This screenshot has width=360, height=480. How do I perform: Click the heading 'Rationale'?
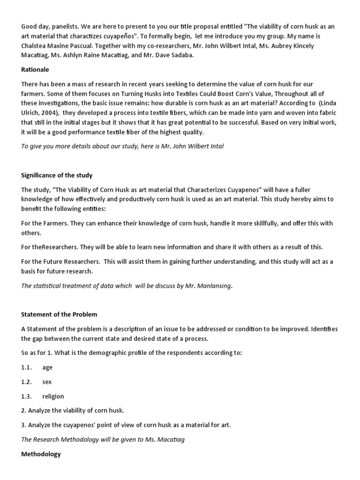tap(35, 69)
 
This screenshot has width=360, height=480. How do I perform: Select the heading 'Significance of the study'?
tap(57, 175)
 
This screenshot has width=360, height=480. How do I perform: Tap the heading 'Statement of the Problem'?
tap(59, 314)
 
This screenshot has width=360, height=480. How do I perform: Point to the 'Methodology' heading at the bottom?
tap(41, 454)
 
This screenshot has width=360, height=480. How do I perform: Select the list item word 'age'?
tap(47, 368)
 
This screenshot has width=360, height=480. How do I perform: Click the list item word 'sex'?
tap(47, 382)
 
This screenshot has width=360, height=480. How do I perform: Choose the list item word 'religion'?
tap(53, 396)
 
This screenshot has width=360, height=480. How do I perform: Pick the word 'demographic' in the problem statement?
tap(107, 352)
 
